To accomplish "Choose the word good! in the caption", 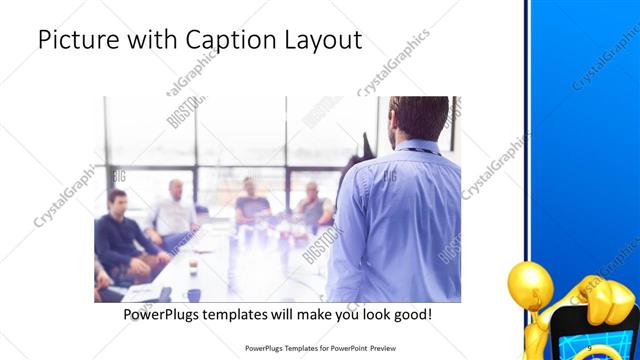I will tap(410, 315).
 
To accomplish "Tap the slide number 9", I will tap(589, 348).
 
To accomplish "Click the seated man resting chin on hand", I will tap(312, 204).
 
